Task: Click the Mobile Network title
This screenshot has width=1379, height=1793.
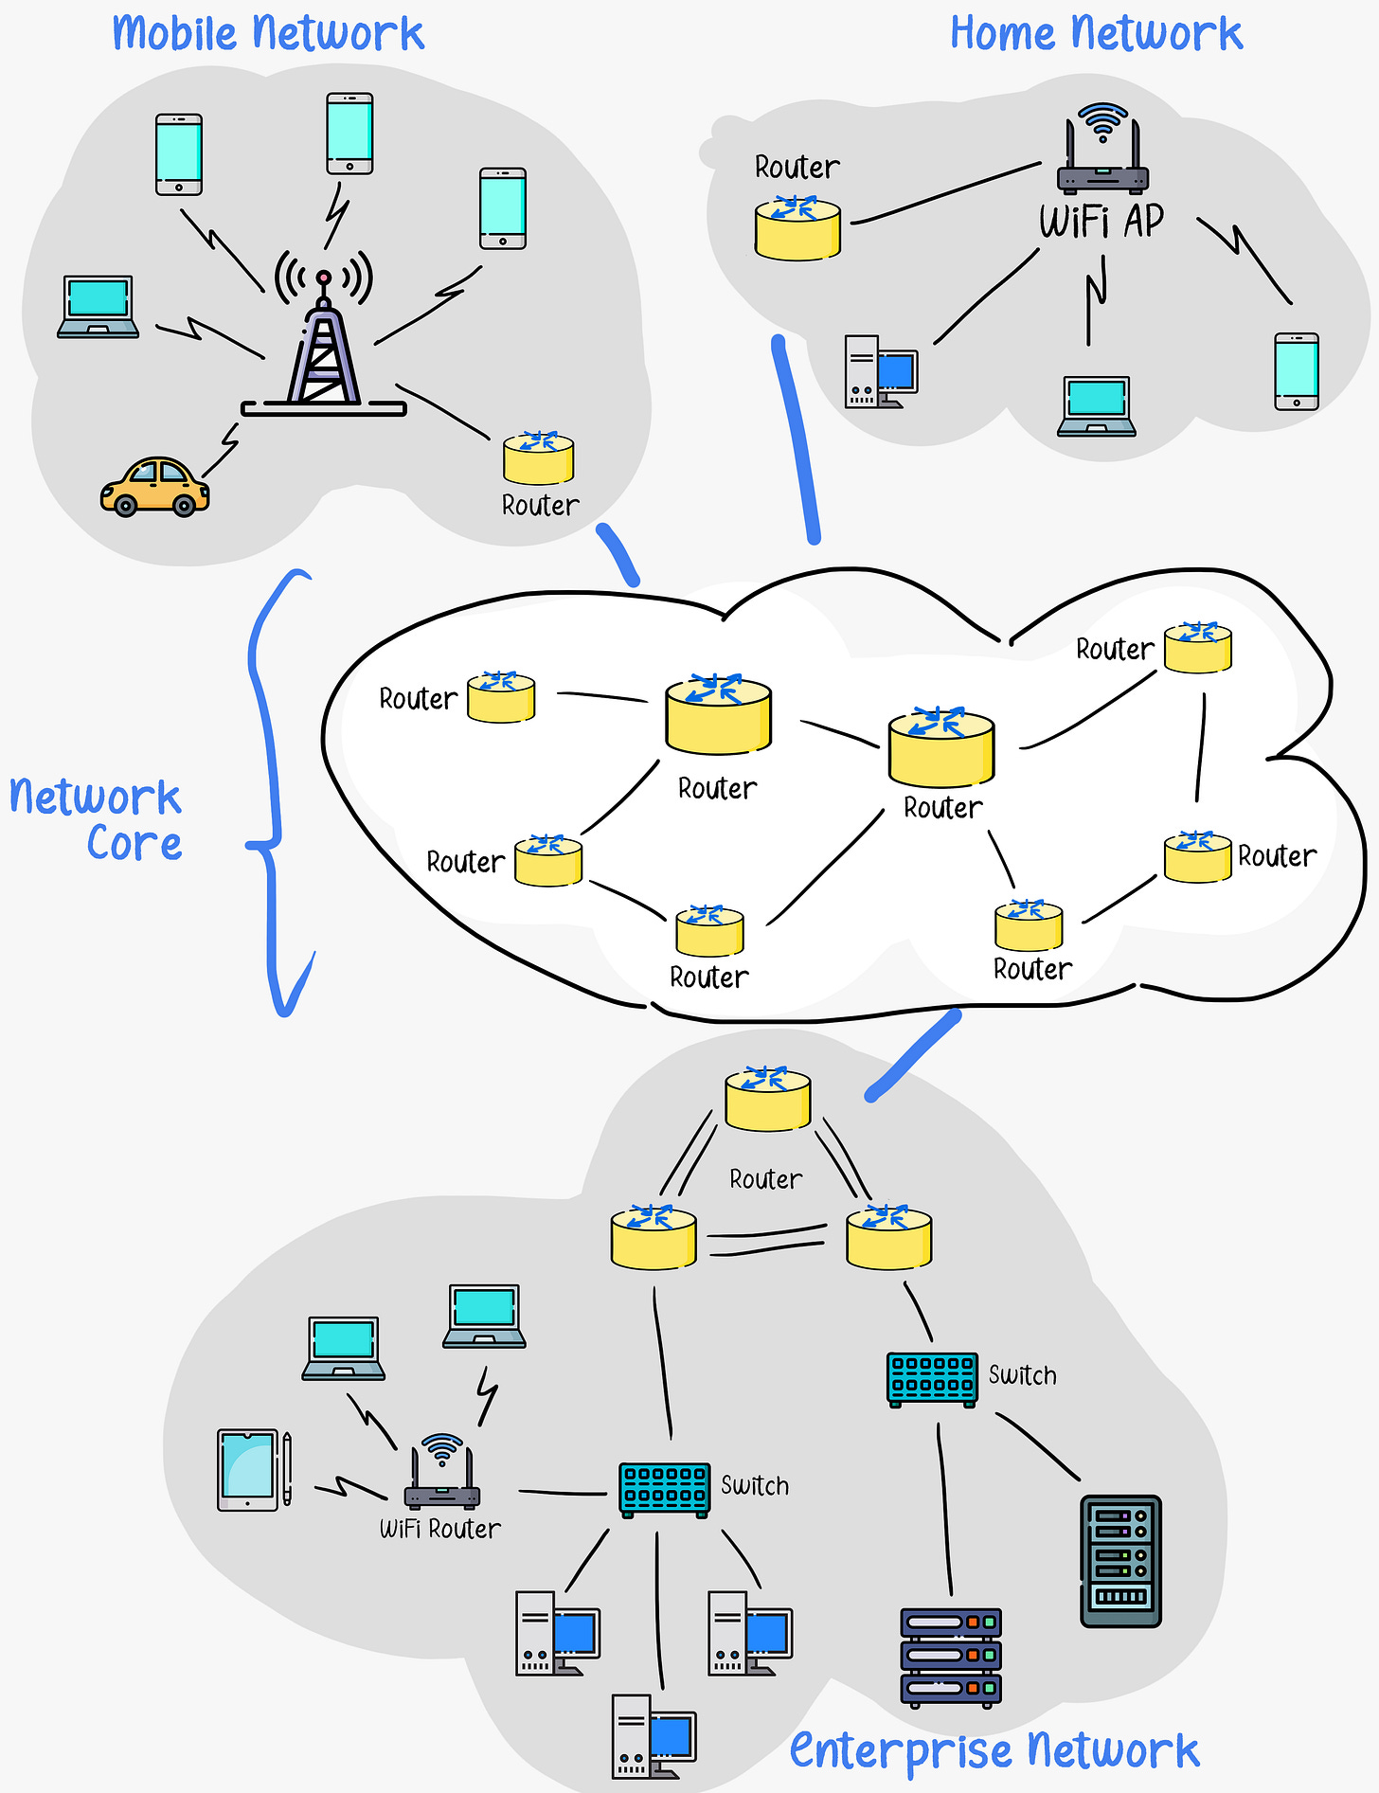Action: pos(268,35)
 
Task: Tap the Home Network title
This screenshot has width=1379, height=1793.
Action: pos(1096,35)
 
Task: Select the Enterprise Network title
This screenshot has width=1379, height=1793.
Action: pos(994,1750)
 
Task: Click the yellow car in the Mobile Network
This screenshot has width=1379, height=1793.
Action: pos(155,487)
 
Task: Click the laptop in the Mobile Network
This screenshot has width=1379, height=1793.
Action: pos(98,307)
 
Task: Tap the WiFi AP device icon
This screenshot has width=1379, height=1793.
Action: pos(1102,152)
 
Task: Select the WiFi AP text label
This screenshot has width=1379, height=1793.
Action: pos(1101,222)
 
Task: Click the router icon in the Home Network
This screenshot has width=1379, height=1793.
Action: pos(797,228)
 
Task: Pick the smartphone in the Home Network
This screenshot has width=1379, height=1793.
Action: pos(1297,371)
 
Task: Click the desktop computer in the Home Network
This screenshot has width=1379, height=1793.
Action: pos(881,371)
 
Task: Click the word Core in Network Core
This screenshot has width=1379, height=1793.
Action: pos(134,844)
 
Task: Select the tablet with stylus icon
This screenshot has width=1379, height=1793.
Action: pos(254,1470)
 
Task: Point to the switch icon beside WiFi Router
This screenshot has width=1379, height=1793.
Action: pos(665,1490)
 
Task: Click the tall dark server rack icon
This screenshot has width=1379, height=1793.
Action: pos(1120,1561)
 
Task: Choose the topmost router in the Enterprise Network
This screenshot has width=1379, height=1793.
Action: pos(767,1100)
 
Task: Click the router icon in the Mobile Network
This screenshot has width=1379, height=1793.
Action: pos(538,458)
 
